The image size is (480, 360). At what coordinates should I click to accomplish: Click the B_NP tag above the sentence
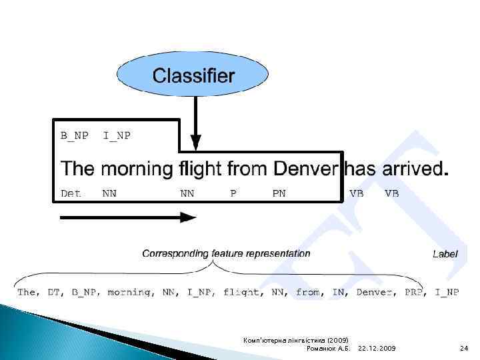(74, 136)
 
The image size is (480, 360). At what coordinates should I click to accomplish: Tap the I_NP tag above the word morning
(117, 136)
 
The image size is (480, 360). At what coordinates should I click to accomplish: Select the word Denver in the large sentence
(307, 169)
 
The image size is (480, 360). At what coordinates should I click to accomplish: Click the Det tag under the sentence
(71, 194)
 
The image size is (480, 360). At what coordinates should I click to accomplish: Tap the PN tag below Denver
(279, 194)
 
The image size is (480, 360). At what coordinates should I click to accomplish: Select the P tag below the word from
(233, 194)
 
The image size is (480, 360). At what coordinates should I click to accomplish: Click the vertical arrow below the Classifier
(195, 123)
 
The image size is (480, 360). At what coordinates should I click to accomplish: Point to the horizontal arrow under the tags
(127, 217)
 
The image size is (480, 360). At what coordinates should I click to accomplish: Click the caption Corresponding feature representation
(226, 253)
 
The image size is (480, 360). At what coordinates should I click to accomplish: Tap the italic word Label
(445, 253)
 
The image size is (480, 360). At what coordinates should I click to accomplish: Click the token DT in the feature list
(50, 292)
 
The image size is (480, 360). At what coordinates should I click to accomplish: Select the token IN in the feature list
(336, 292)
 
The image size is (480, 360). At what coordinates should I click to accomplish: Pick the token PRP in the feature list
(417, 292)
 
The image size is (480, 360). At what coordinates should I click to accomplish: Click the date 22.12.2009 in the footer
(377, 348)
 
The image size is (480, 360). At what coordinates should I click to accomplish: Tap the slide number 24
(464, 348)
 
